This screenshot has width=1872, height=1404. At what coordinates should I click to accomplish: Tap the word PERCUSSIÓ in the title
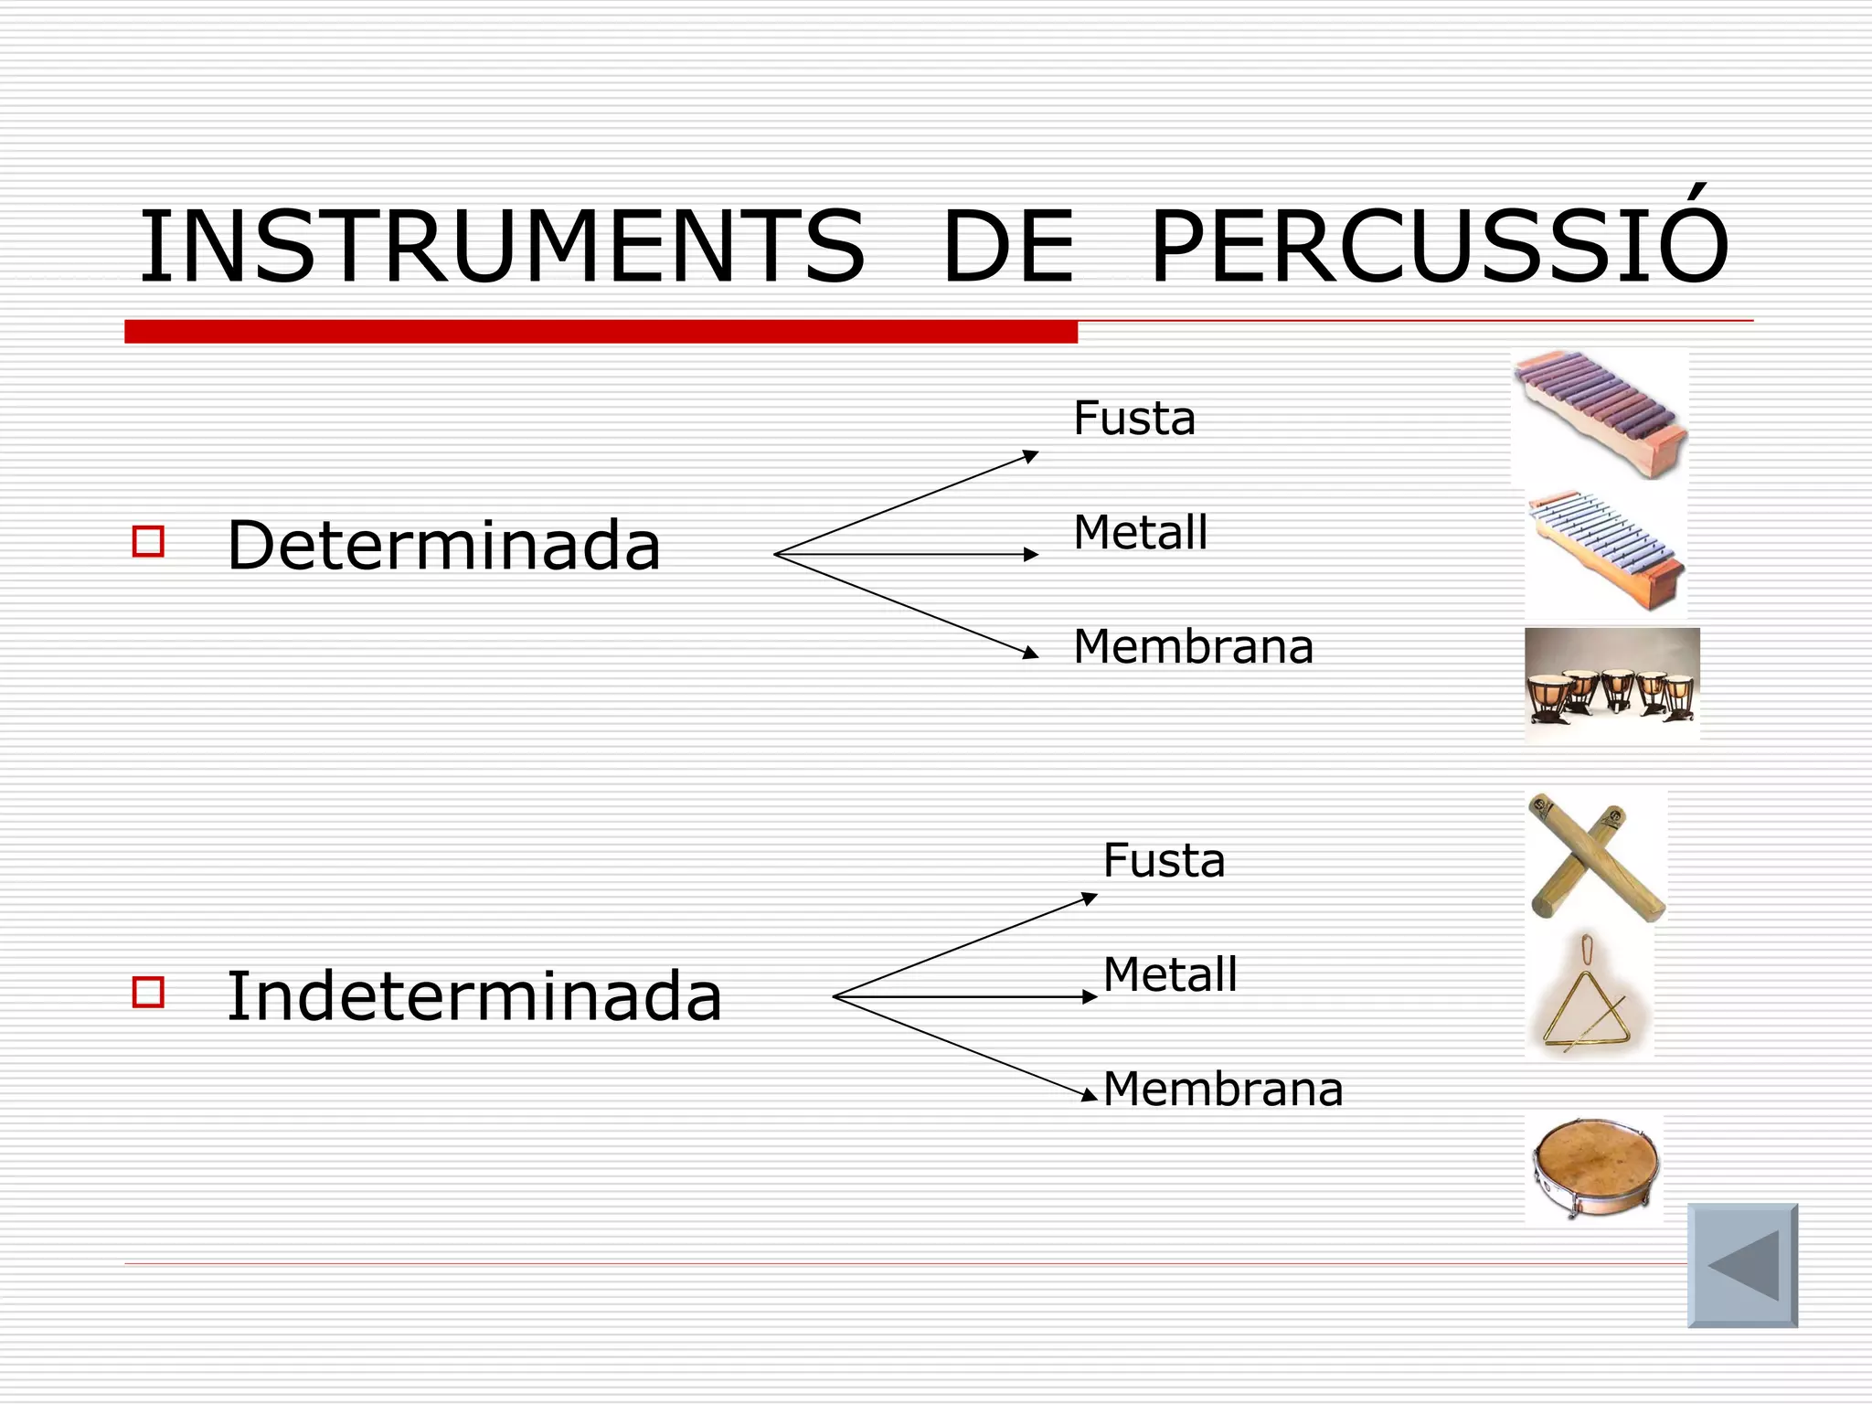1439,245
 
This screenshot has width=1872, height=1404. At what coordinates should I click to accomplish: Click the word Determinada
443,545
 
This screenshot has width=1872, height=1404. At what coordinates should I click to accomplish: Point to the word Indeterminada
473,995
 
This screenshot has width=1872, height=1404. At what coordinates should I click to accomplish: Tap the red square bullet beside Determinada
148,541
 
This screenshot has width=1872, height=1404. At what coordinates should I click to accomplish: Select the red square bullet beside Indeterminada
148,992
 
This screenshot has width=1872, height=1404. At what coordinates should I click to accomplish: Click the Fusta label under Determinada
1133,419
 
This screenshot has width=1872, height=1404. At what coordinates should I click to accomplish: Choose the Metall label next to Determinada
1140,532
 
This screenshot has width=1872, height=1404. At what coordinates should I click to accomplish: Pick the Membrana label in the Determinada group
1193,646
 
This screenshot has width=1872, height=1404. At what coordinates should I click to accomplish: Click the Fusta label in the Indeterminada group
1164,860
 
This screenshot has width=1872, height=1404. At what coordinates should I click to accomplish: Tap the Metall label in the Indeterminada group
1170,974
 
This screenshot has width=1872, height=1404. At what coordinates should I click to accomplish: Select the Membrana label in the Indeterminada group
1223,1089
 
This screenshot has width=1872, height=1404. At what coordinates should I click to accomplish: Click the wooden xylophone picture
1600,413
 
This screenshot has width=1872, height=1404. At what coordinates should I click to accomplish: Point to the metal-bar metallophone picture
1606,552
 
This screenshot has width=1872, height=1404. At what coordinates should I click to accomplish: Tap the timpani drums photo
1612,683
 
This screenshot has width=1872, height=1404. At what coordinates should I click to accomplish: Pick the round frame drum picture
1595,1168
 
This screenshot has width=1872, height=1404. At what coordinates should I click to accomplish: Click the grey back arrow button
1742,1265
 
